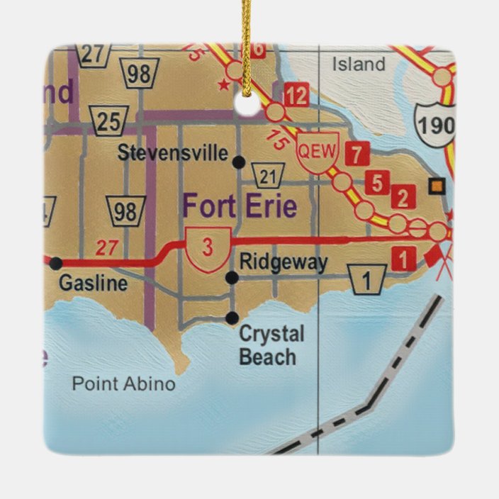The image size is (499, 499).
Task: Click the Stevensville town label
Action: (173, 152)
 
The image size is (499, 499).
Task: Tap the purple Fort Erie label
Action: (240, 206)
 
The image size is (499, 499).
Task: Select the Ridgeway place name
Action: (284, 262)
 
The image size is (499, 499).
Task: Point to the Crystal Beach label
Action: (271, 345)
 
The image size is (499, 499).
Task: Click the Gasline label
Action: (93, 284)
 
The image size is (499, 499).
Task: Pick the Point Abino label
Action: (123, 384)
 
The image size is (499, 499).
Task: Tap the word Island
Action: (359, 65)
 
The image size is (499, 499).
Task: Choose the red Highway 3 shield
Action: (208, 249)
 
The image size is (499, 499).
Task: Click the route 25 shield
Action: (108, 121)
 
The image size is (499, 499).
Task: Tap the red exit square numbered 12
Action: (297, 95)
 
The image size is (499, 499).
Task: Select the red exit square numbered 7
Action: (359, 154)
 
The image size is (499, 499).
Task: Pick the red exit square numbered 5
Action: (377, 184)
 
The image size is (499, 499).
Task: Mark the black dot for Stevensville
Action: (239, 162)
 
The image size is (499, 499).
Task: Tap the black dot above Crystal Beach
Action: (232, 318)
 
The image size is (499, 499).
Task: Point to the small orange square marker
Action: (437, 186)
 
